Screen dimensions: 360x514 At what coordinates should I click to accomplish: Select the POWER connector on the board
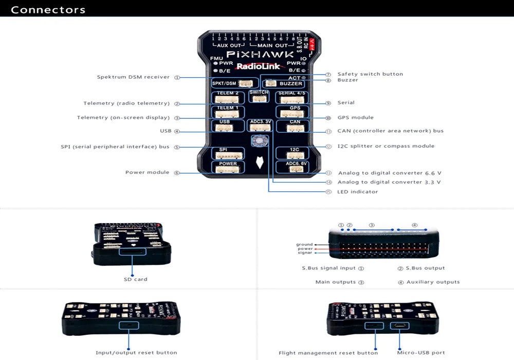point(228,168)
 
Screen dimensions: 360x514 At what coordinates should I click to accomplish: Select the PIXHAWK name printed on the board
point(260,54)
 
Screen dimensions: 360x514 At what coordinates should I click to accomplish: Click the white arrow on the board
point(260,163)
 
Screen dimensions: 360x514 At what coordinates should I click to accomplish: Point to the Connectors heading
point(48,10)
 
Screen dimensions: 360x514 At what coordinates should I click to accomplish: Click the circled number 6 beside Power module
point(177,173)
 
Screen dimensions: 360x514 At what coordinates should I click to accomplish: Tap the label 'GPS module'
point(355,118)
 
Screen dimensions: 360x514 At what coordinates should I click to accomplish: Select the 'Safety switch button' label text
point(370,74)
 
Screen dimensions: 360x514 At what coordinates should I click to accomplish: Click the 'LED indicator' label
point(357,192)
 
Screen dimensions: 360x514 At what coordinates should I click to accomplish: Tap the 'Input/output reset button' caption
point(136,353)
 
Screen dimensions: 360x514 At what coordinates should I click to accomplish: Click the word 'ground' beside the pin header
point(304,245)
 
